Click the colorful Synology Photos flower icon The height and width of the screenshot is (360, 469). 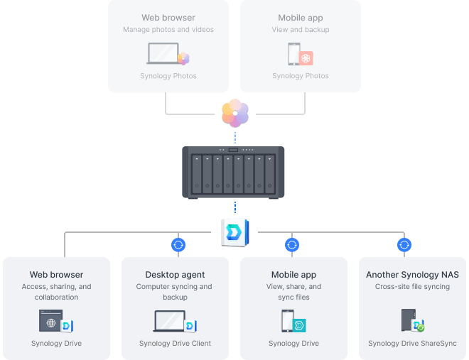[234, 113]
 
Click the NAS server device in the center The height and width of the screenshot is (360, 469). [234, 172]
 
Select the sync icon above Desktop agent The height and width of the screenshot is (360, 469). [178, 245]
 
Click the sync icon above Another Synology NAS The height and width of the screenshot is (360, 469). [404, 245]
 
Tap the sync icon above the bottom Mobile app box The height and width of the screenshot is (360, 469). [291, 245]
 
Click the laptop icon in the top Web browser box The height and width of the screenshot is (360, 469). [163, 54]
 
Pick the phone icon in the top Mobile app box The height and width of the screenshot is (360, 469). [293, 55]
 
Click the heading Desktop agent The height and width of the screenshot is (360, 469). [175, 275]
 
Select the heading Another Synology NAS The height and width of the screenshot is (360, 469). [412, 275]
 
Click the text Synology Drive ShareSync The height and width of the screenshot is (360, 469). [412, 344]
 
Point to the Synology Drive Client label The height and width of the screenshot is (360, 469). [175, 344]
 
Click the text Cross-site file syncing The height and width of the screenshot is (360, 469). [412, 287]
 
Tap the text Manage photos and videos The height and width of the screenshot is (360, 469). [168, 30]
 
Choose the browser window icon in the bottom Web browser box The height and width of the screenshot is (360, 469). [50, 321]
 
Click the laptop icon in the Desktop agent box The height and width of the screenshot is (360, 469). [169, 321]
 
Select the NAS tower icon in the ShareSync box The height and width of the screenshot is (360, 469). [408, 320]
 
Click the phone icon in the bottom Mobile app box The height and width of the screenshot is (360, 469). [287, 321]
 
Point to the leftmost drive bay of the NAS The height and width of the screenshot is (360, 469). [197, 173]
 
